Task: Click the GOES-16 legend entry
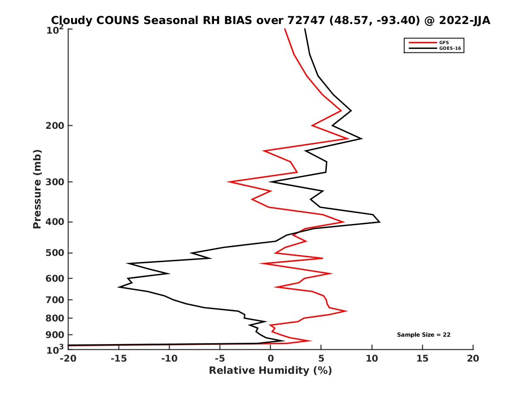coord(449,48)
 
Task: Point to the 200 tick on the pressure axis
coord(55,126)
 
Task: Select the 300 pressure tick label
coord(55,182)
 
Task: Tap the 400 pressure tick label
coord(55,222)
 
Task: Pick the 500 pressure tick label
coord(55,253)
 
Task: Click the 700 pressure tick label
coord(55,300)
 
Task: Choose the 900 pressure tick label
coord(55,334)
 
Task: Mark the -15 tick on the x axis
coord(119,359)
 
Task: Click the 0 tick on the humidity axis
coord(270,359)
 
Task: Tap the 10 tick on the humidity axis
coord(372,359)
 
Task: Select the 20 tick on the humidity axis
coord(473,359)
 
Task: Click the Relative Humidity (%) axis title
coord(270,371)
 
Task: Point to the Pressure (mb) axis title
coord(37,189)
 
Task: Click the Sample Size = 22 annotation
coord(424,335)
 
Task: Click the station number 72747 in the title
coord(305,21)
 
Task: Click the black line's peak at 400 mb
coord(380,222)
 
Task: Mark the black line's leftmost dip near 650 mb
coord(119,287)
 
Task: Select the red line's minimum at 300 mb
coord(228,182)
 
